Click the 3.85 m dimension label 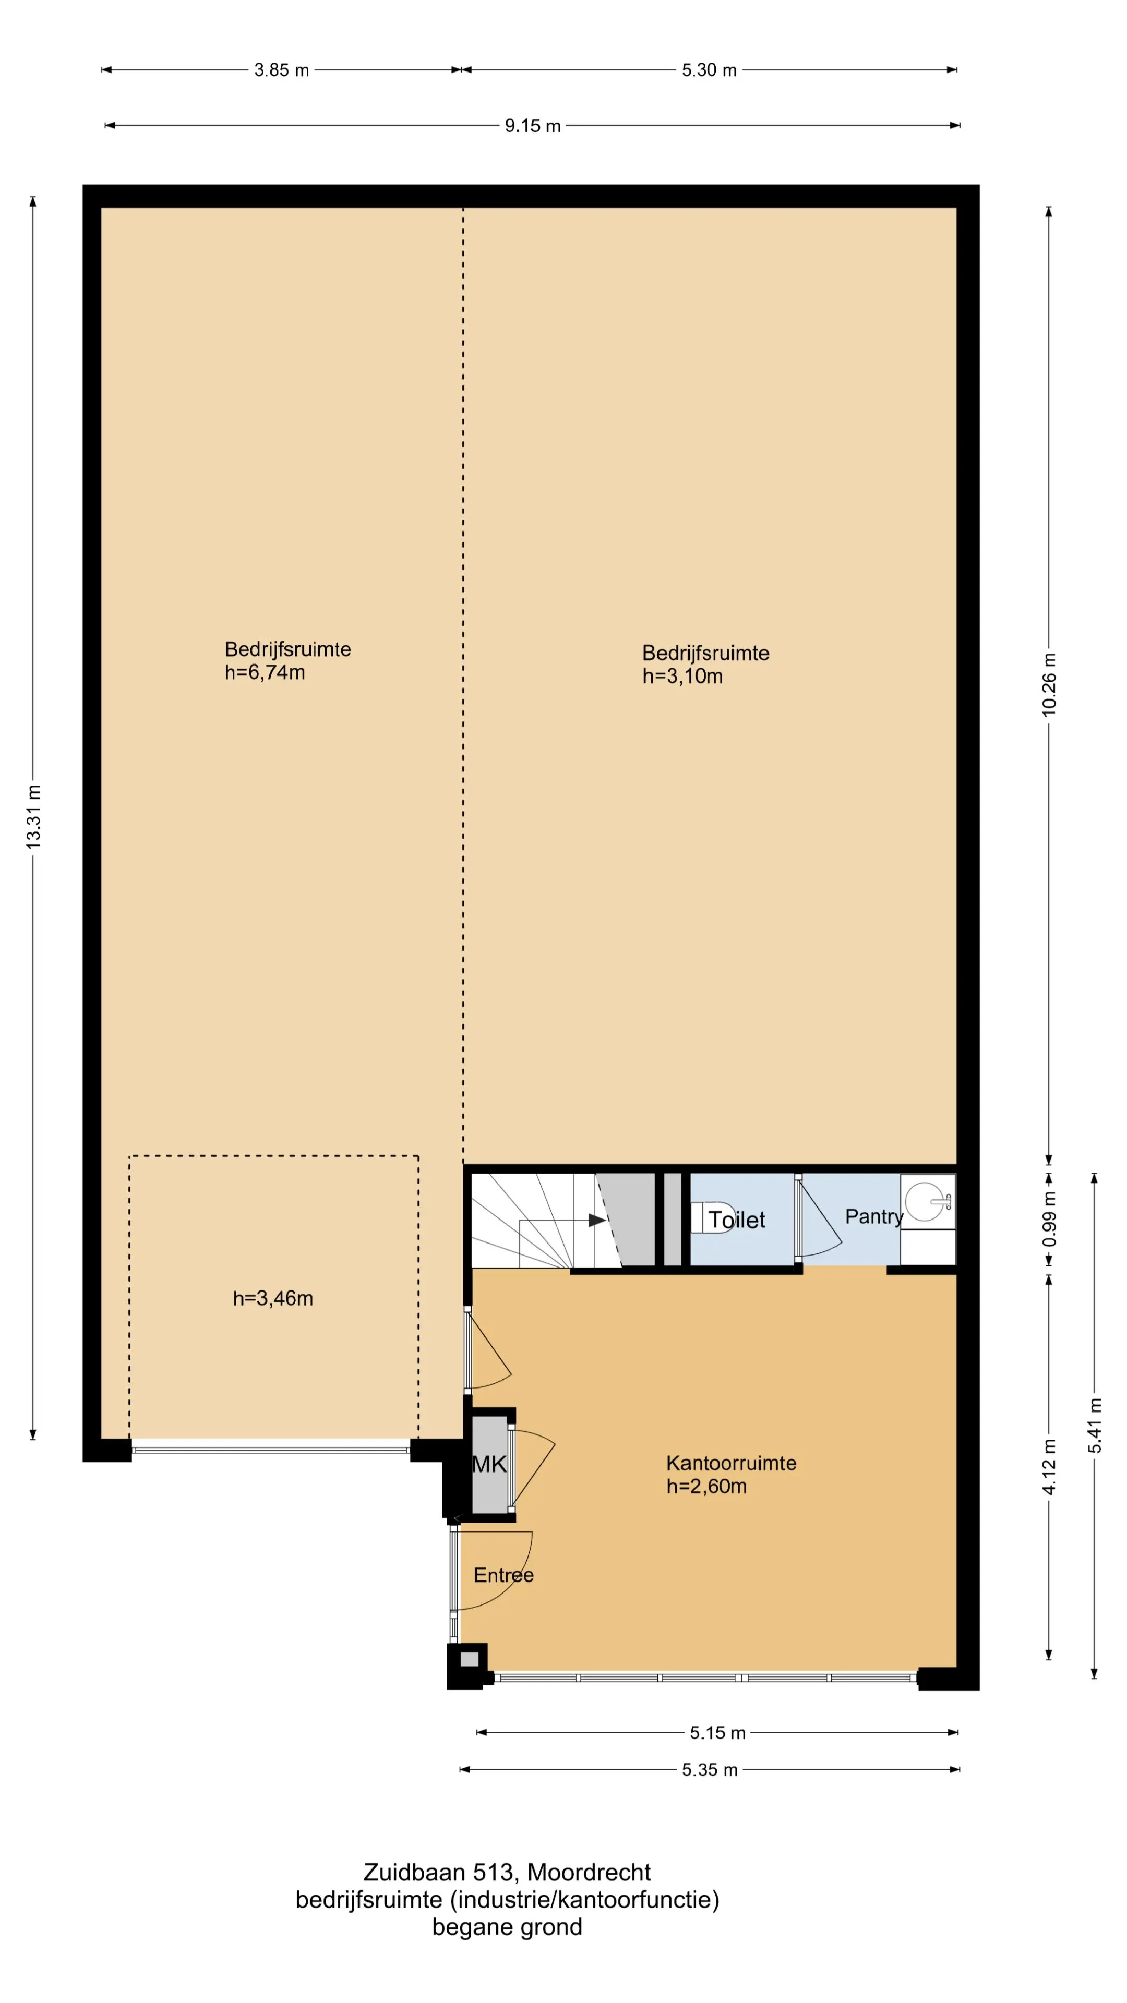[282, 70]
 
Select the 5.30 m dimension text [709, 70]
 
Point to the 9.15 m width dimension [533, 126]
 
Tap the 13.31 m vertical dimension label [33, 816]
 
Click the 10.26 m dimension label [1049, 684]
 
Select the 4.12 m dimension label [1049, 1466]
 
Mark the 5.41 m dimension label [1095, 1425]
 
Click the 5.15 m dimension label [717, 1732]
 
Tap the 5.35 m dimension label [710, 1770]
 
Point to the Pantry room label [874, 1217]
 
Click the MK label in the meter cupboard [489, 1464]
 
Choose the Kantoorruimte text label [731, 1463]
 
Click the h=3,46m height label [273, 1298]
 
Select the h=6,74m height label [265, 672]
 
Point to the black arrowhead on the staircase [596, 1220]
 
